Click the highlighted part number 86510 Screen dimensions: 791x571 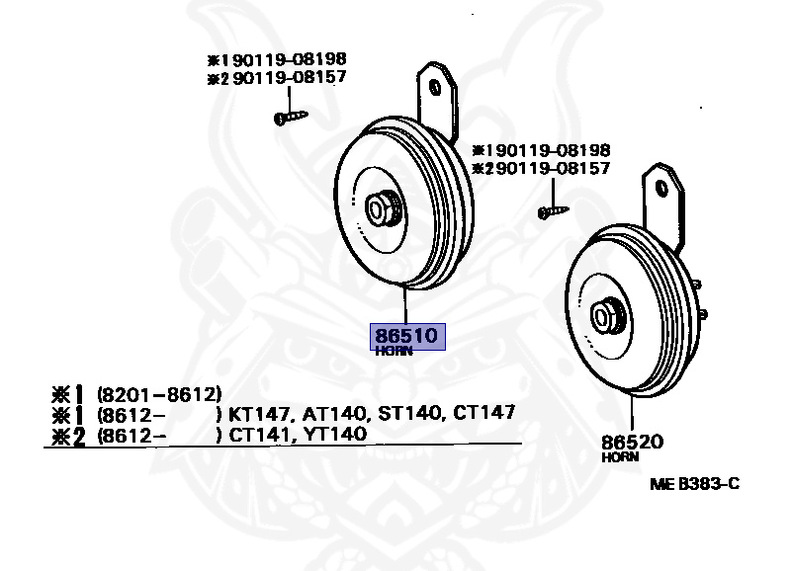pyautogui.click(x=406, y=336)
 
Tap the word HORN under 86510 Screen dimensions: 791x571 pyautogui.click(x=393, y=352)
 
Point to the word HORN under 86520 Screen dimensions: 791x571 pyautogui.click(x=620, y=457)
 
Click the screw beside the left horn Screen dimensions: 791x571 pyautogui.click(x=290, y=118)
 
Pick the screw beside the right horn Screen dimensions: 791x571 pyautogui.click(x=553, y=210)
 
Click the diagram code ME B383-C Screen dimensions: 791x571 pyautogui.click(x=694, y=484)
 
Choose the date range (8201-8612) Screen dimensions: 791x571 pyautogui.click(x=158, y=393)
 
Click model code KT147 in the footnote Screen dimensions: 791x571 pyautogui.click(x=255, y=413)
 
